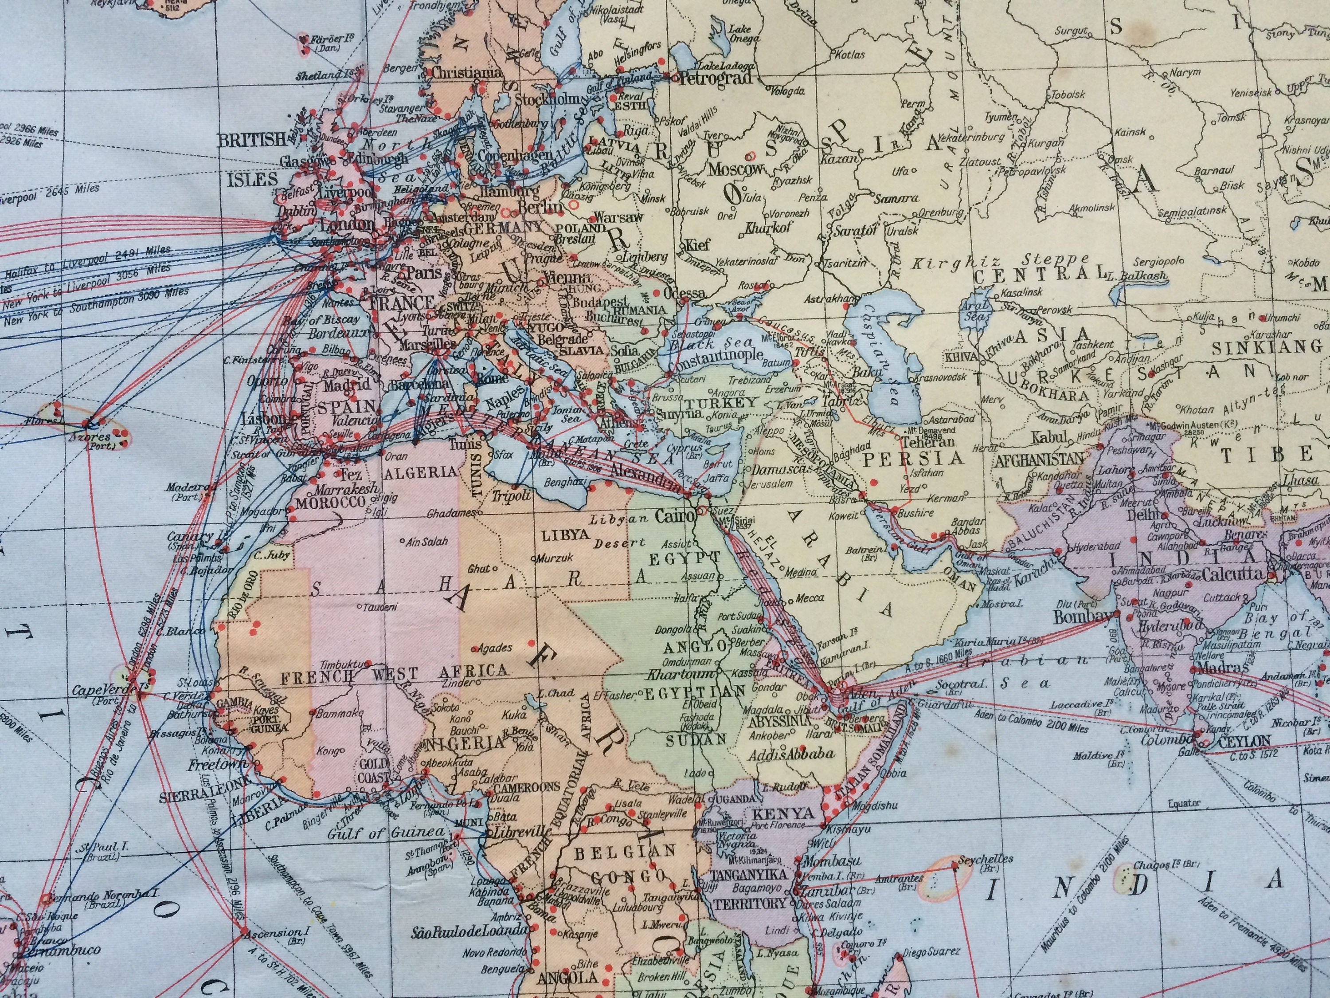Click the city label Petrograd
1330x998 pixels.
click(x=716, y=79)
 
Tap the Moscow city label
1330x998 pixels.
click(x=735, y=169)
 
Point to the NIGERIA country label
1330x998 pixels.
click(x=465, y=743)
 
